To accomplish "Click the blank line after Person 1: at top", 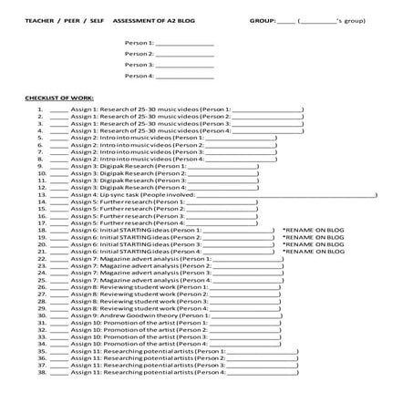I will click(x=185, y=43).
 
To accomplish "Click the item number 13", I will click(x=42, y=194).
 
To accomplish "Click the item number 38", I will click(x=42, y=372).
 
